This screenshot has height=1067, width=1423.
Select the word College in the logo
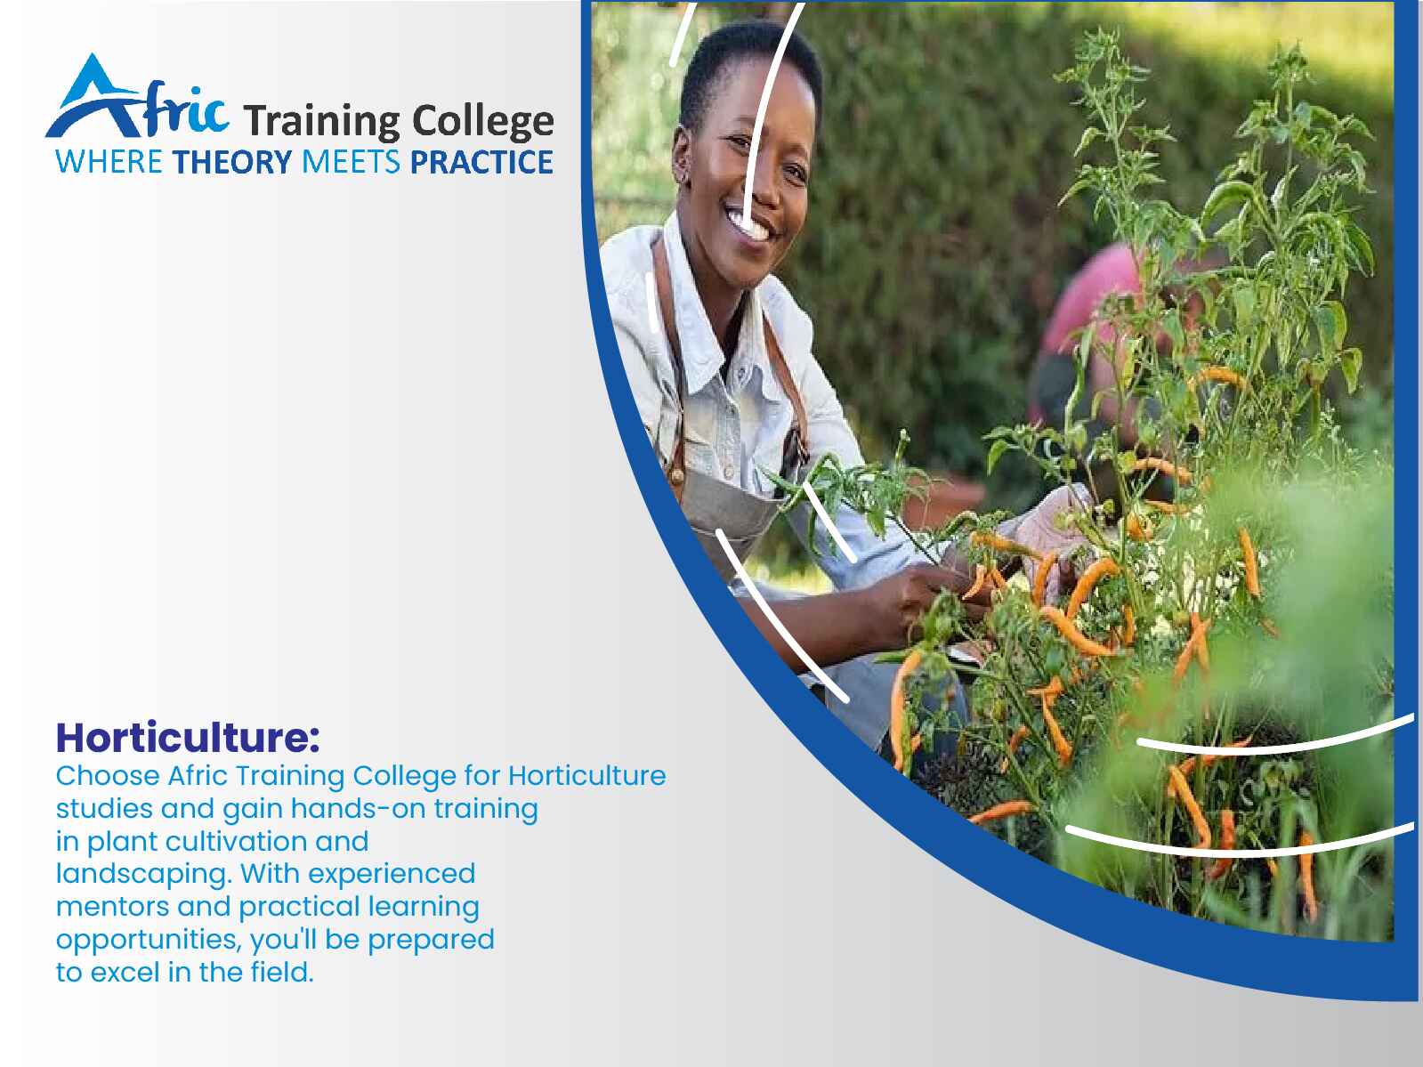[x=483, y=121]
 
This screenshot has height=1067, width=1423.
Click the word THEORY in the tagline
[x=232, y=162]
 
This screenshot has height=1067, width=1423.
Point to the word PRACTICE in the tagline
[x=481, y=162]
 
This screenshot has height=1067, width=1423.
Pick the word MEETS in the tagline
[x=351, y=162]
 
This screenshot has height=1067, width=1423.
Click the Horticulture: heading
[x=188, y=738]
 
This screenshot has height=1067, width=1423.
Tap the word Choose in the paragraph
[x=108, y=775]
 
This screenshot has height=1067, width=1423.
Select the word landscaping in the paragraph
[x=144, y=875]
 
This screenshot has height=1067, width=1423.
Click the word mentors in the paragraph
[x=112, y=906]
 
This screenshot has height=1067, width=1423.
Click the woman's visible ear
[x=682, y=157]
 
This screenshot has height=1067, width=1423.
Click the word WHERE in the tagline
[x=109, y=162]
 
